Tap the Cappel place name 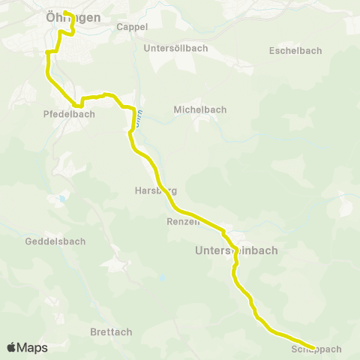132,26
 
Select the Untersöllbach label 175,48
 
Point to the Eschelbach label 295,51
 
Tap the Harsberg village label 155,190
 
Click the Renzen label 183,222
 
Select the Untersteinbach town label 236,250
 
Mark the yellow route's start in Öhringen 64,12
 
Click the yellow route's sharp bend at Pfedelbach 76,106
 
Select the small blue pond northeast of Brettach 161,278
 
